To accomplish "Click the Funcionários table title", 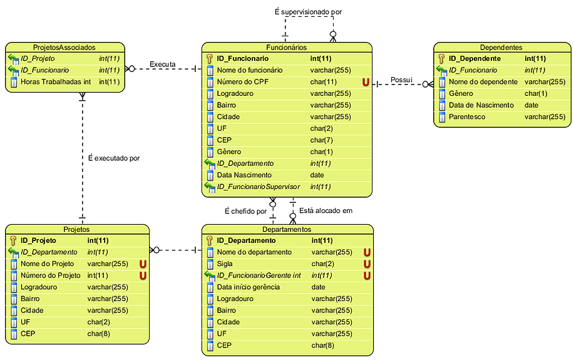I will click(x=286, y=47).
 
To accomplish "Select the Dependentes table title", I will click(x=501, y=47).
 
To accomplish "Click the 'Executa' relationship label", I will click(x=162, y=64).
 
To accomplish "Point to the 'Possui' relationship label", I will click(x=402, y=80).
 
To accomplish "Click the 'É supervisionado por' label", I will click(x=308, y=12).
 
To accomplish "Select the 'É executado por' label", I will click(x=114, y=158).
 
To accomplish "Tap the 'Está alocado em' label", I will click(x=325, y=210).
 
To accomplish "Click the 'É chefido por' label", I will click(x=245, y=211).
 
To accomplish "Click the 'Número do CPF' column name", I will click(x=242, y=82).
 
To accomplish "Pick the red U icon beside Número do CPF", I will click(x=366, y=82).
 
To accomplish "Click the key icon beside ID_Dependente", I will click(x=441, y=58).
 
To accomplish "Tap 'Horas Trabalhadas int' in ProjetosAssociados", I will click(x=56, y=81).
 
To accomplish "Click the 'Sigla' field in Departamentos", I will click(x=225, y=264).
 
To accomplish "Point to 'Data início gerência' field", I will click(x=248, y=287).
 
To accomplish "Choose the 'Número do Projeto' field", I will click(x=51, y=275).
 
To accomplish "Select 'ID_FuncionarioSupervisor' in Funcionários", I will click(x=259, y=187).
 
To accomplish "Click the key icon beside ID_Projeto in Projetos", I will click(x=13, y=240).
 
